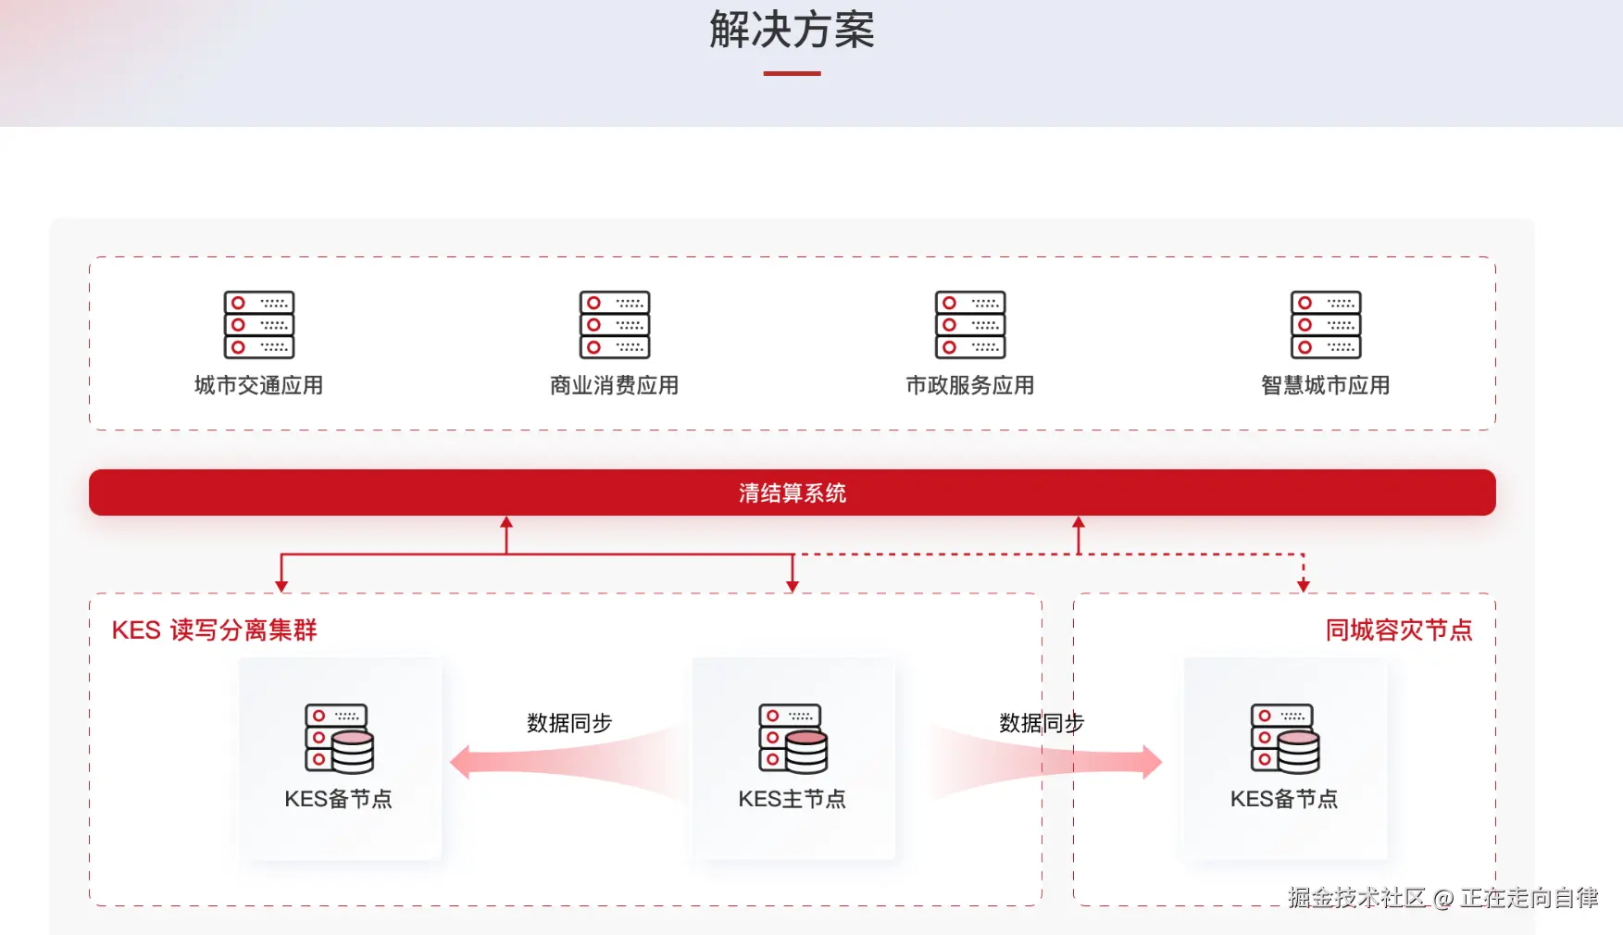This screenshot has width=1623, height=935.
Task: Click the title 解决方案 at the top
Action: pyautogui.click(x=792, y=31)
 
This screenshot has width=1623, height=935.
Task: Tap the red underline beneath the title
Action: pyautogui.click(x=792, y=73)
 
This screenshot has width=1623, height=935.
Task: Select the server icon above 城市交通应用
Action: pyautogui.click(x=259, y=325)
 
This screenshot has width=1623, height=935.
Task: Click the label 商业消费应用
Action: pyautogui.click(x=614, y=385)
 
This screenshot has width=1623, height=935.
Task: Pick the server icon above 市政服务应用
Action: pyautogui.click(x=970, y=325)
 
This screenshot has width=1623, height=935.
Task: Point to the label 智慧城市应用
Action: pyautogui.click(x=1325, y=385)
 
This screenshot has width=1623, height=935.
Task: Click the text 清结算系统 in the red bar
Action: pyautogui.click(x=792, y=492)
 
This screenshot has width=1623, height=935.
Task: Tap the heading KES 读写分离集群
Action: pyautogui.click(x=214, y=630)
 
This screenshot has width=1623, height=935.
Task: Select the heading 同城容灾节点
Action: pyautogui.click(x=1398, y=630)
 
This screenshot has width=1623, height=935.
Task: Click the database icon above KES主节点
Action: pyautogui.click(x=793, y=739)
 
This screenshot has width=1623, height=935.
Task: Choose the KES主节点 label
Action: pyautogui.click(x=792, y=799)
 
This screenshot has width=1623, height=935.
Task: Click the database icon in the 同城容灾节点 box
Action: pyautogui.click(x=1285, y=739)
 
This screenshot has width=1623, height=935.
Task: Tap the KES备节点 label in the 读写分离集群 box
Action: pyautogui.click(x=338, y=799)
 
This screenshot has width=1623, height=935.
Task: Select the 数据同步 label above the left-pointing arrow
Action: pyautogui.click(x=569, y=723)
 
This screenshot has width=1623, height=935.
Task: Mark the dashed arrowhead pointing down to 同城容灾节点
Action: pyautogui.click(x=1304, y=585)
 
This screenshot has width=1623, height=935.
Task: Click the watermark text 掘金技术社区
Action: pyautogui.click(x=1356, y=897)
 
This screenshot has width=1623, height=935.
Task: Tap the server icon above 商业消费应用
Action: pyautogui.click(x=615, y=325)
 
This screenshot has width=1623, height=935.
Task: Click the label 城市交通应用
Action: pyautogui.click(x=258, y=385)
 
